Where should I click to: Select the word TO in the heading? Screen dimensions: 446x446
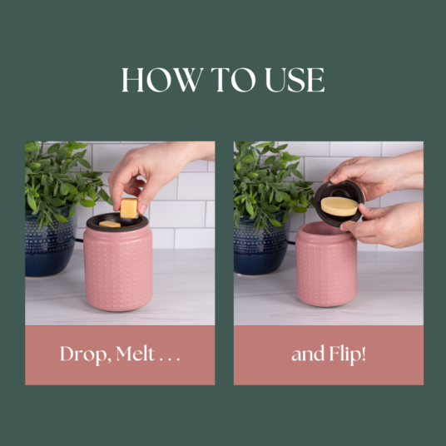pos(233,80)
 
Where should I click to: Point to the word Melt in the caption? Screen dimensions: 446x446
pos(136,354)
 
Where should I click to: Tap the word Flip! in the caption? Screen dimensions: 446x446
pos(347,354)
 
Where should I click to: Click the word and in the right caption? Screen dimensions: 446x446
pos(308,354)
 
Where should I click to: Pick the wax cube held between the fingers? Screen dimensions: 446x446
pos(129,208)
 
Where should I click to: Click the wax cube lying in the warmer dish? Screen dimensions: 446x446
pos(110,224)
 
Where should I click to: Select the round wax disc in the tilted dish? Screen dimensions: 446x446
pos(339,206)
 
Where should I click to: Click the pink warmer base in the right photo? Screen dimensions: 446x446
pos(326,265)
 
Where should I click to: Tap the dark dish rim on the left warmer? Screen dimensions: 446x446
pos(117,223)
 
